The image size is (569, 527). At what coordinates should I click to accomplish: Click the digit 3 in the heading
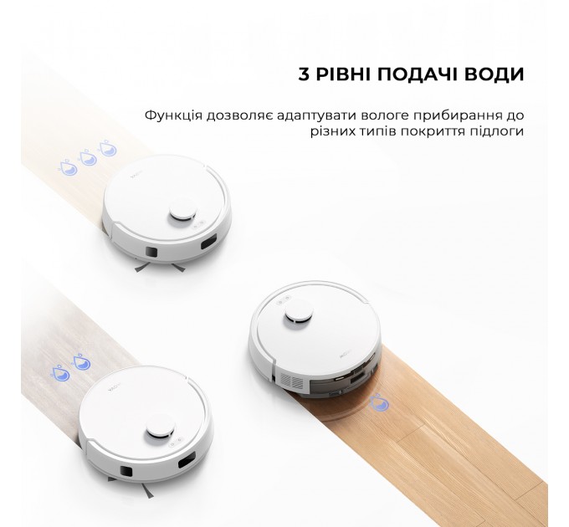click(304, 75)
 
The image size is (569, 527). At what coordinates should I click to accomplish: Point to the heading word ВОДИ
click(495, 75)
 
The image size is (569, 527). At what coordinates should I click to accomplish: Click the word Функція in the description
click(172, 115)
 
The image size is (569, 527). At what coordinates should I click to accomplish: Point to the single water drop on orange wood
click(380, 403)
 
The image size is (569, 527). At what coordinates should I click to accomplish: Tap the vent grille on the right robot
click(291, 380)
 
